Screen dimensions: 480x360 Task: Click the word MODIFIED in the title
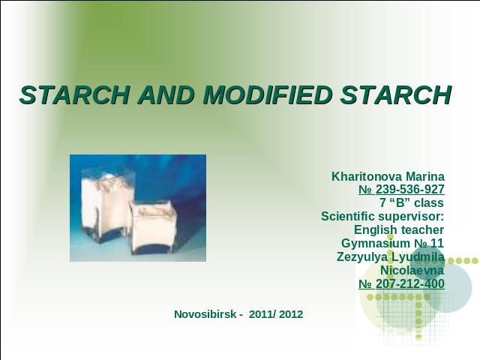267,95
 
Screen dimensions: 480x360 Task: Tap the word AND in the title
166,95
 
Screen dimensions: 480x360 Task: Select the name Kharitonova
367,177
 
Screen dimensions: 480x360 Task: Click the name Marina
425,177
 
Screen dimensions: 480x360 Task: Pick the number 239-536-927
410,190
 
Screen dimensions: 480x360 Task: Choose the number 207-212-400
410,283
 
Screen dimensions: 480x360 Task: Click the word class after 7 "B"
429,202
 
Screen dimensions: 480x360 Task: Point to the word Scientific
348,217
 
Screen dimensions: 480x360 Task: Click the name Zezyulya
362,257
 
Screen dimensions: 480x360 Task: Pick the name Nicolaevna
412,271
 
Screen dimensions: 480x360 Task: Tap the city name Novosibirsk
205,314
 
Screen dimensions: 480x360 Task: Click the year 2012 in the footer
291,314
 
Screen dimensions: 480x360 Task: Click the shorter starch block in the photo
153,227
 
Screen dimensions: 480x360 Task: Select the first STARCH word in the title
75,95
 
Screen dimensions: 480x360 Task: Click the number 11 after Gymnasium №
437,244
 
